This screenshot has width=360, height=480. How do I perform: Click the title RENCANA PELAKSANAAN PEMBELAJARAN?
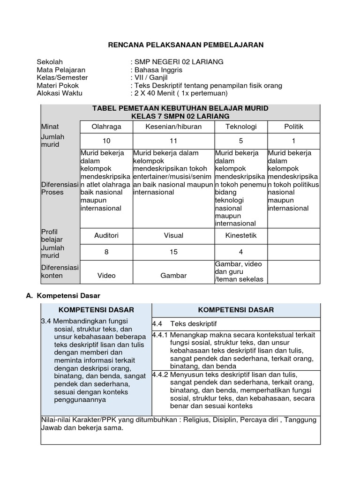(186, 45)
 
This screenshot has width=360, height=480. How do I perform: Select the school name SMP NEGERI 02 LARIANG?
(172, 62)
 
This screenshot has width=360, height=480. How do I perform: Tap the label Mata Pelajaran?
(61, 70)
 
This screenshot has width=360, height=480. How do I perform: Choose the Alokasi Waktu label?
(60, 93)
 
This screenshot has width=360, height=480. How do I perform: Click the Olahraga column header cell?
(106, 127)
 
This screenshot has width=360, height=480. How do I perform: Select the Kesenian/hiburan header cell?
(173, 127)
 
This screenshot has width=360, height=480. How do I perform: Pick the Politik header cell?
(293, 127)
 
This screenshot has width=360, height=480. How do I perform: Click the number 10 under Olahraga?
(106, 141)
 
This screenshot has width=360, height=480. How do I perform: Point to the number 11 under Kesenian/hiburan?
(173, 141)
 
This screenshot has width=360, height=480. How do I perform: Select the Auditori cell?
(106, 235)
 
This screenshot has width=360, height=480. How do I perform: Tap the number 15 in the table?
(173, 252)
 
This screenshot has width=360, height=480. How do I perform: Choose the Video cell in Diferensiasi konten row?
(106, 275)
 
